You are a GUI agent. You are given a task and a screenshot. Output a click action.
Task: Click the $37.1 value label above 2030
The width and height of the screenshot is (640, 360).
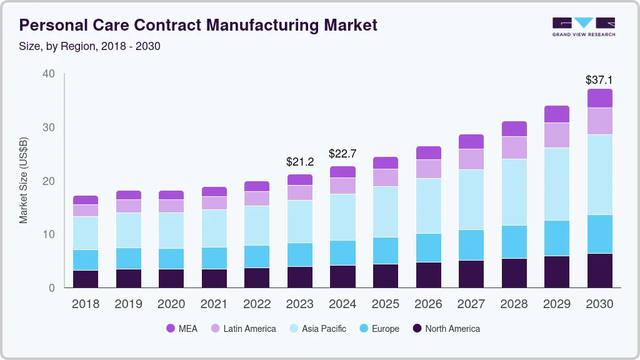pyautogui.click(x=599, y=79)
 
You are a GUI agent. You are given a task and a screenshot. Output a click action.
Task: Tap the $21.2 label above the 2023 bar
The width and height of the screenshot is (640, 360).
pyautogui.click(x=300, y=162)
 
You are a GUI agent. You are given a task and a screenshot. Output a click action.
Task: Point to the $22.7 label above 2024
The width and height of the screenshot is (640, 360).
pyautogui.click(x=342, y=154)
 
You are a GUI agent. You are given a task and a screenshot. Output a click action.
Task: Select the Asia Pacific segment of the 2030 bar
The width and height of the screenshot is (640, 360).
pyautogui.click(x=599, y=174)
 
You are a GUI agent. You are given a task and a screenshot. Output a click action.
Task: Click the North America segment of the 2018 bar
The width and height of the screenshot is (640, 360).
pyautogui.click(x=86, y=279)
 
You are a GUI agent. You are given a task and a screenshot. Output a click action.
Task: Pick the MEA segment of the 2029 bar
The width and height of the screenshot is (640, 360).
pyautogui.click(x=557, y=114)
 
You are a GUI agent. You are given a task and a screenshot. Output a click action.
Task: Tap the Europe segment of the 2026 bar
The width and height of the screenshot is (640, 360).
pyautogui.click(x=428, y=247)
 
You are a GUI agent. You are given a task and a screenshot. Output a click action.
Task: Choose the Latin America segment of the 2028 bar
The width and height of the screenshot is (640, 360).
pyautogui.click(x=514, y=147)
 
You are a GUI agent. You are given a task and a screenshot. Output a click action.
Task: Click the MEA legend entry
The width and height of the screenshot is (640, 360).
pyautogui.click(x=181, y=329)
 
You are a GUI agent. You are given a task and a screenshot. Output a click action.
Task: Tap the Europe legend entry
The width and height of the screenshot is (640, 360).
pyautogui.click(x=378, y=329)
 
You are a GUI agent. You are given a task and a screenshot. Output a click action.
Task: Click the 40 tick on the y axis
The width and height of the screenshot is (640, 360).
pyautogui.click(x=48, y=74)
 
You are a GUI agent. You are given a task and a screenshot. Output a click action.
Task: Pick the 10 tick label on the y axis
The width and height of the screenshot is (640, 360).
pyautogui.click(x=48, y=234)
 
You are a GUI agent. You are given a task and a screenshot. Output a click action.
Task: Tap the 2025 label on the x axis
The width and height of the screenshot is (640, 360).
pyautogui.click(x=386, y=304)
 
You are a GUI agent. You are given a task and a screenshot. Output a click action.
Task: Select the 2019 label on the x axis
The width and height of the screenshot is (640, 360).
pyautogui.click(x=129, y=304)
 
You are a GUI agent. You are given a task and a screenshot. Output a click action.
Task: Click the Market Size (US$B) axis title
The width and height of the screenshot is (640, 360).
pyautogui.click(x=24, y=180)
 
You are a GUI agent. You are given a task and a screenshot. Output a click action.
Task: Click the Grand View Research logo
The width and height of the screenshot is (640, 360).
pyautogui.click(x=583, y=26)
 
